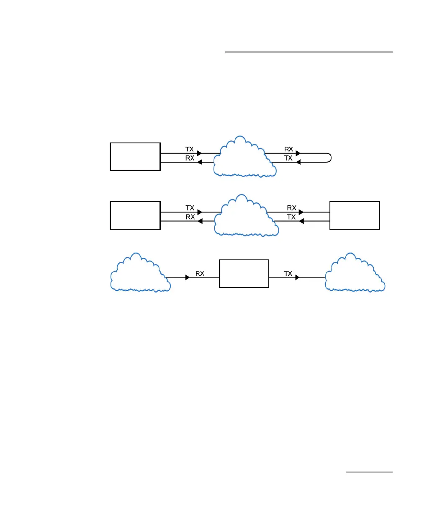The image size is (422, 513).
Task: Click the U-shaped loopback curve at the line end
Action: coord(331,158)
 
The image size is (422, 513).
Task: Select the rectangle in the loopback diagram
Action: coord(135,157)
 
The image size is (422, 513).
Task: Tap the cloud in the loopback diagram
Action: coord(245,158)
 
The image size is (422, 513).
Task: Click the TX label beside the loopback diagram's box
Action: coord(190,149)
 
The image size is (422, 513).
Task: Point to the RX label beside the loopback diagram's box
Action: coord(190,158)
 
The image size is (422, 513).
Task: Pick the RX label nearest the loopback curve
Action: coord(288,149)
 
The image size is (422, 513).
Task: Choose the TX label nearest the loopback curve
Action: coord(288,158)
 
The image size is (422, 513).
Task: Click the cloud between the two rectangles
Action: coord(246,216)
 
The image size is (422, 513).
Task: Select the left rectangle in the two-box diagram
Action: coord(135,215)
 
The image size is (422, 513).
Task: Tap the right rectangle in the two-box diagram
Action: coord(355,215)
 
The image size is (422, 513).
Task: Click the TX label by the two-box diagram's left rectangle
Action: coord(190,208)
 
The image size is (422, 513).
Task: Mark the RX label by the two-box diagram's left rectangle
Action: coord(190,217)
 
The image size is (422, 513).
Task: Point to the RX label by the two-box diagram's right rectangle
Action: coord(292,208)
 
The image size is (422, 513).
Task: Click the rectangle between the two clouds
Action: coord(244,274)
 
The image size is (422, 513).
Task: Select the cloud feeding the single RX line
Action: coord(139,274)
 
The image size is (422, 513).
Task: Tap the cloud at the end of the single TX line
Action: coord(355,274)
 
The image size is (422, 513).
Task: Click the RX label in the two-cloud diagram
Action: coord(200,274)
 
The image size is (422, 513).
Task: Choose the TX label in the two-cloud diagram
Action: coord(288,274)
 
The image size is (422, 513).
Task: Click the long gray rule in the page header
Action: coord(309,52)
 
